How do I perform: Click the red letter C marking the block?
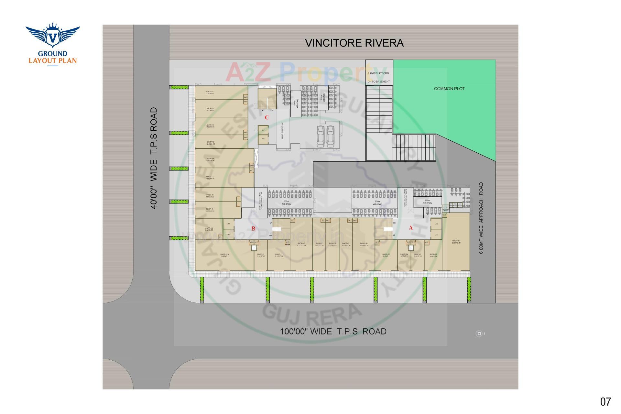coord(267,118)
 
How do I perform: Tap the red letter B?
coord(254,229)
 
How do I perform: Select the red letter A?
coord(411,228)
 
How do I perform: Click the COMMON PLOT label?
coord(449,89)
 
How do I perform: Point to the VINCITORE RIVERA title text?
coord(354,43)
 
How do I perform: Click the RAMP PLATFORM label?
coord(378,73)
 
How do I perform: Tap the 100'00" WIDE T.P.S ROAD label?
coord(333,332)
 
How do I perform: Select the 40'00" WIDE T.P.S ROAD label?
coord(154,158)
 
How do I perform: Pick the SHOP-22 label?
coord(210,92)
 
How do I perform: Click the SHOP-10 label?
coord(301,244)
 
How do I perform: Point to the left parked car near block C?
coord(321,136)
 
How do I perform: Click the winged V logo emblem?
coord(52,35)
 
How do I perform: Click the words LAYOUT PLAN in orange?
coord(53,60)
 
